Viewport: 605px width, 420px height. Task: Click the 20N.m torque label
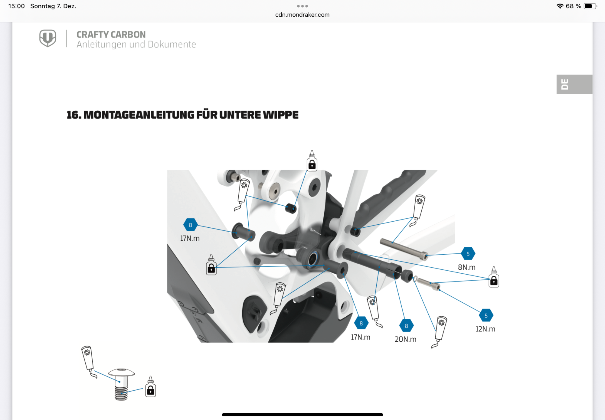(405, 339)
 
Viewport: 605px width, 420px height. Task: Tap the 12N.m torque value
(485, 329)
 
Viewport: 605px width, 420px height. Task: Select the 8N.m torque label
(466, 267)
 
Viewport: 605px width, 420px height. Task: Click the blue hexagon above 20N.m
(406, 326)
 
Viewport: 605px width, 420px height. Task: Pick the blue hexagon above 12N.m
(486, 316)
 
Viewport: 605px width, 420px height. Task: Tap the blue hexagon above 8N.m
(468, 254)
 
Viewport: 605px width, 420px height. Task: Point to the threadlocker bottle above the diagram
(312, 161)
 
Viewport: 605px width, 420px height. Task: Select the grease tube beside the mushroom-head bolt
(89, 362)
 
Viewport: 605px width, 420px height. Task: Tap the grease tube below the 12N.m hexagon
(440, 332)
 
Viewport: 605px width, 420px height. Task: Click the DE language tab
(574, 84)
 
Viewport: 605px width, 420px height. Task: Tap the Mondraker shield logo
(48, 38)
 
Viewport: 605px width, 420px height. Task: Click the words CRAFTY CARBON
(111, 34)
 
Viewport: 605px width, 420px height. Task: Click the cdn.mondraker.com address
(302, 15)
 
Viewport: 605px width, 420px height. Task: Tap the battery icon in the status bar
(590, 6)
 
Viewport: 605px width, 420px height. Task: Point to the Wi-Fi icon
(560, 6)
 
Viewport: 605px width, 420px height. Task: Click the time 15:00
(16, 6)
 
